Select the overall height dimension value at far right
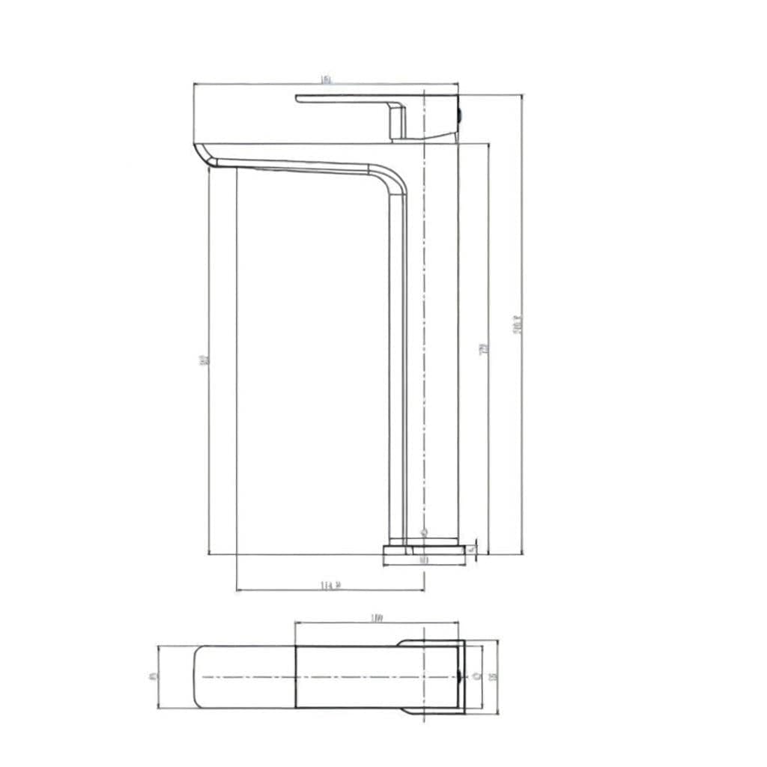(518, 324)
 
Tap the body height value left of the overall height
(484, 348)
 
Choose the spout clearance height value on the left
(204, 361)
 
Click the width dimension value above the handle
(326, 79)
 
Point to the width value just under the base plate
(423, 560)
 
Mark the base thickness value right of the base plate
(472, 550)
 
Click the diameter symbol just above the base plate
(423, 533)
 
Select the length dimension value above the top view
(377, 618)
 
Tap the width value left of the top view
(154, 676)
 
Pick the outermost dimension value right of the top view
(493, 677)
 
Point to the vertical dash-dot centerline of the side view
(424, 337)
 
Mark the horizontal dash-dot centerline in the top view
(337, 677)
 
